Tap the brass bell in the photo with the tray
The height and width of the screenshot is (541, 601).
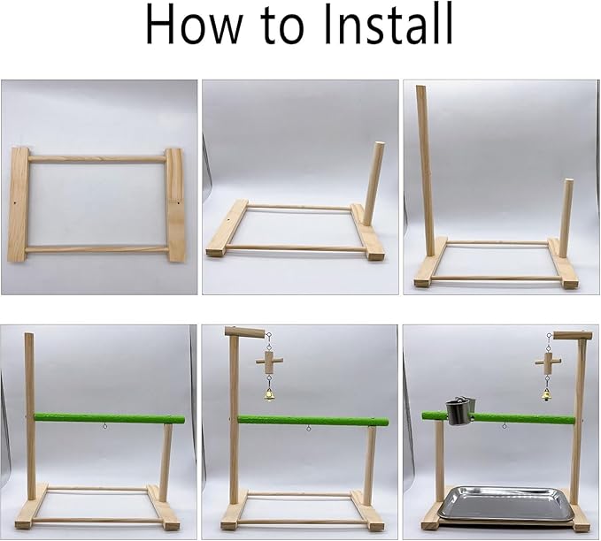[x=546, y=395]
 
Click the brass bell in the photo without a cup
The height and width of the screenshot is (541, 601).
[x=270, y=395]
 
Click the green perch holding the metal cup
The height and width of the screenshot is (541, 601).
[x=498, y=418]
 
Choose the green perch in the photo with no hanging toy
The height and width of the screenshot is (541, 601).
[x=110, y=418]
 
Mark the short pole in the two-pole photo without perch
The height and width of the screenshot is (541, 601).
[x=564, y=218]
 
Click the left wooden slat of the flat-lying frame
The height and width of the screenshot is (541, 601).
[x=19, y=204]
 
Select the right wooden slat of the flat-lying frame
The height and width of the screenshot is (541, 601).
[x=176, y=205]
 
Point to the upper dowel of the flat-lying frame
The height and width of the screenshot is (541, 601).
[x=97, y=159]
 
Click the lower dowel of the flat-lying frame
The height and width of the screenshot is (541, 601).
[x=97, y=249]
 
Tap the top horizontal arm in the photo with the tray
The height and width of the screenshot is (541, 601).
[x=570, y=336]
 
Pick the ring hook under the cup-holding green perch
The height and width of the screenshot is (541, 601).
[x=505, y=426]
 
